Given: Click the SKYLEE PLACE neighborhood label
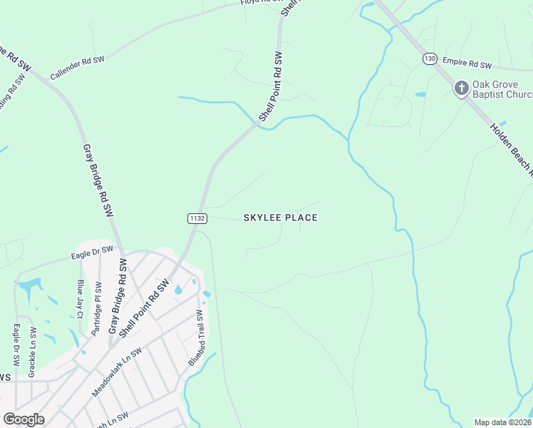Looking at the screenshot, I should coord(281,218).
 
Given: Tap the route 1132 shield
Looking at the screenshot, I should coord(197,218).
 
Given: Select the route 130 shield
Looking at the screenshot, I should coord(429,58).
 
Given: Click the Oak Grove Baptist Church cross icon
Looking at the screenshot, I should coord(461,88).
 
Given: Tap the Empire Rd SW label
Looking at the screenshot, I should coord(467,63).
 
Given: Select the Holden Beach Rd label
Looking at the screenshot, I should coord(512,150).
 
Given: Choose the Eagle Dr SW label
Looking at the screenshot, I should coord(92,250).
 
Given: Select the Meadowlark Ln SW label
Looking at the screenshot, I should coord(117,372).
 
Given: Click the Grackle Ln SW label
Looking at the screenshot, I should coord(32,352).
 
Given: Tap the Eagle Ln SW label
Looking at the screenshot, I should coord(16,346).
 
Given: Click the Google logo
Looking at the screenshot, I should coord(24,419).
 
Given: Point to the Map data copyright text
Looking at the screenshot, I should coord(503,422).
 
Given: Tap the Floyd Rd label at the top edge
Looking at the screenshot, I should coord(258,2).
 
